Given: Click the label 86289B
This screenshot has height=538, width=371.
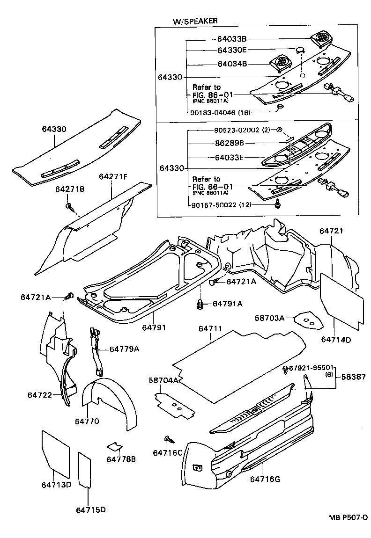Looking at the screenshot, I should (x=234, y=143).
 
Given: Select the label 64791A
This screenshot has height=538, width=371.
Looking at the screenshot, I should (x=228, y=304).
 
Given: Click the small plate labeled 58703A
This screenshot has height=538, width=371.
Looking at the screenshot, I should (x=307, y=321).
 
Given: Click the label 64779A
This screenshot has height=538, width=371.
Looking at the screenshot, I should (x=125, y=349).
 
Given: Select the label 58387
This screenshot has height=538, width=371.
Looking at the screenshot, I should (x=354, y=376).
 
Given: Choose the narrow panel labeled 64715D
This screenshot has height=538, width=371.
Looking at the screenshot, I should (x=84, y=469).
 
